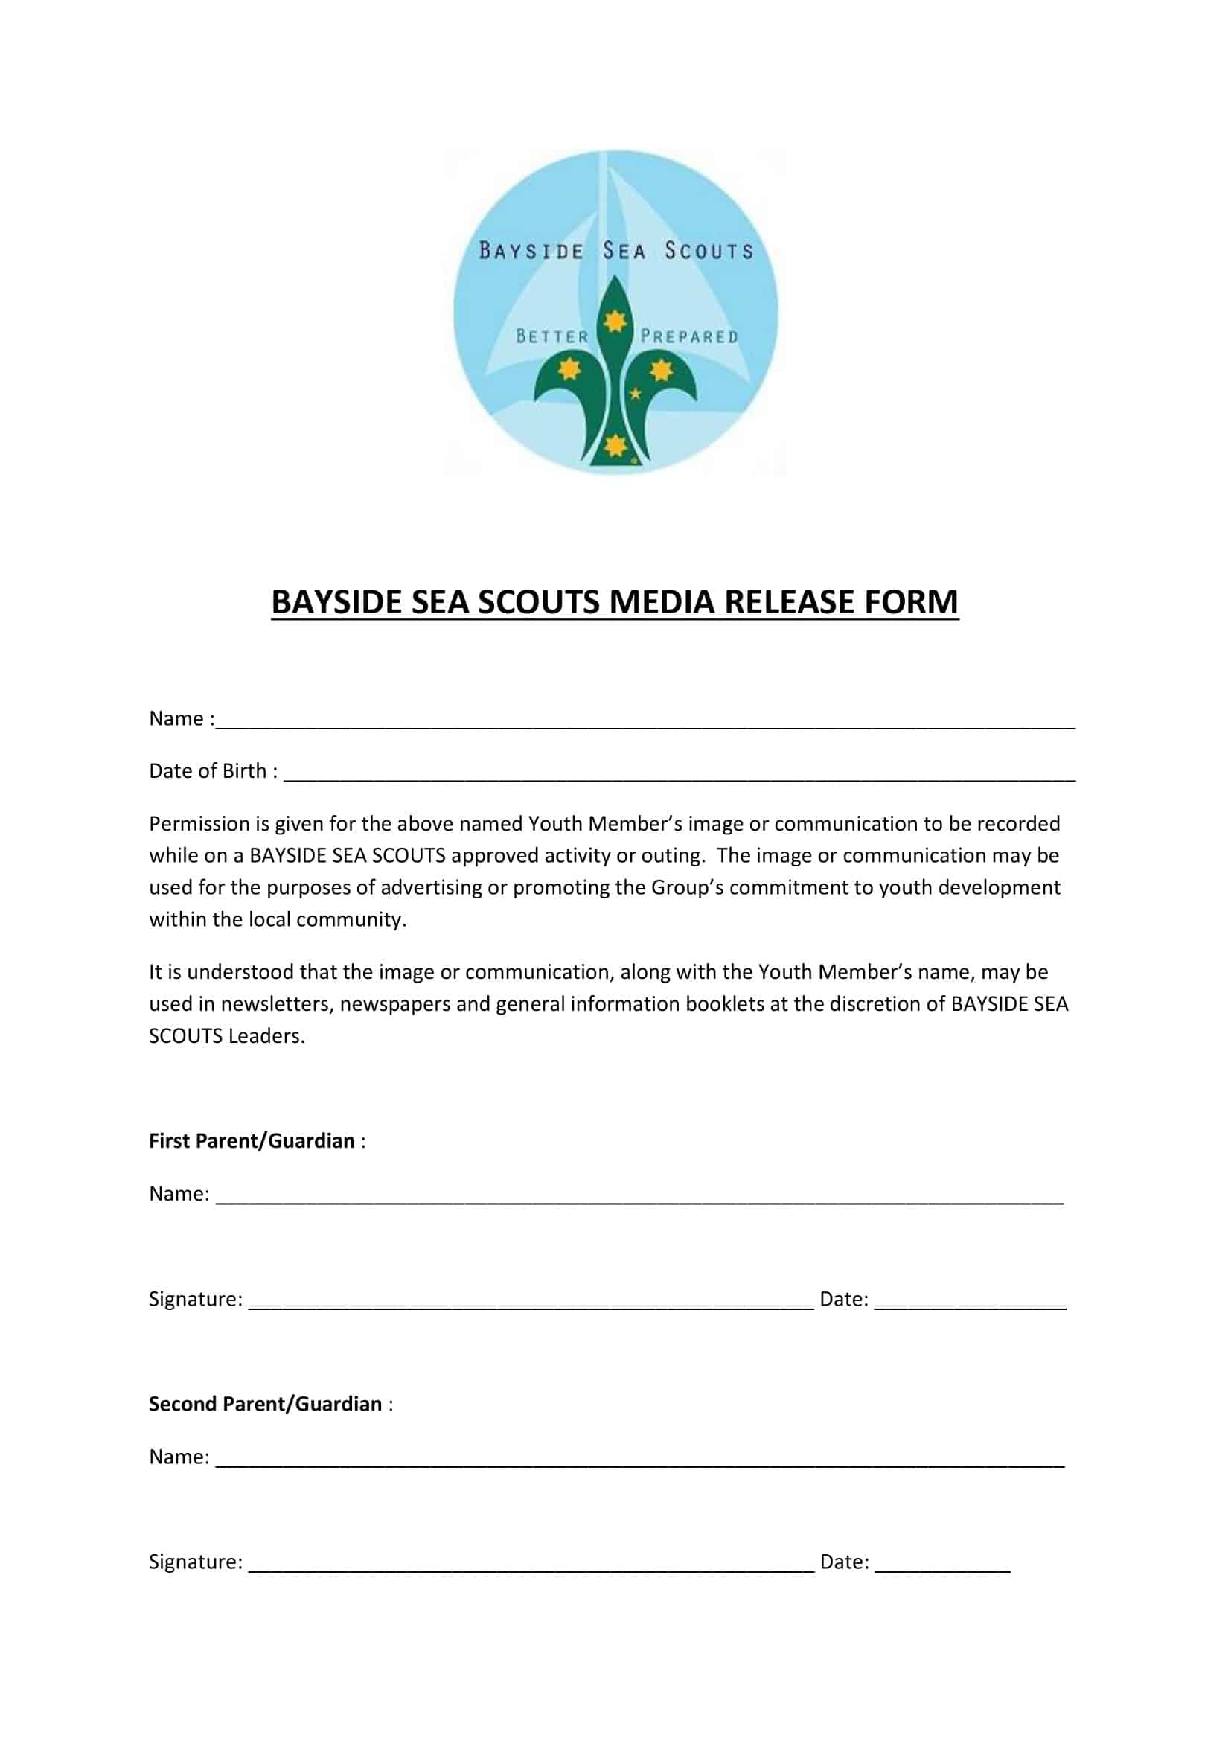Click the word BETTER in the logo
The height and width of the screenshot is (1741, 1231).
pyautogui.click(x=551, y=336)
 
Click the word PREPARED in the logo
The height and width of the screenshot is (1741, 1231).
pyautogui.click(x=689, y=336)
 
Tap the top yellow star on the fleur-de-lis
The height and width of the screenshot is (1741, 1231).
pyautogui.click(x=615, y=322)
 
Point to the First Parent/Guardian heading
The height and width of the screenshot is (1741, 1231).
pyautogui.click(x=252, y=1140)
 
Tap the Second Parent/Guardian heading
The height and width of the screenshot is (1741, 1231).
pyautogui.click(x=265, y=1404)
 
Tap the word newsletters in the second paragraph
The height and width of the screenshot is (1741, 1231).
pyautogui.click(x=277, y=1004)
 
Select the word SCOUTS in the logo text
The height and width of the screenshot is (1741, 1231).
pyautogui.click(x=709, y=251)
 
